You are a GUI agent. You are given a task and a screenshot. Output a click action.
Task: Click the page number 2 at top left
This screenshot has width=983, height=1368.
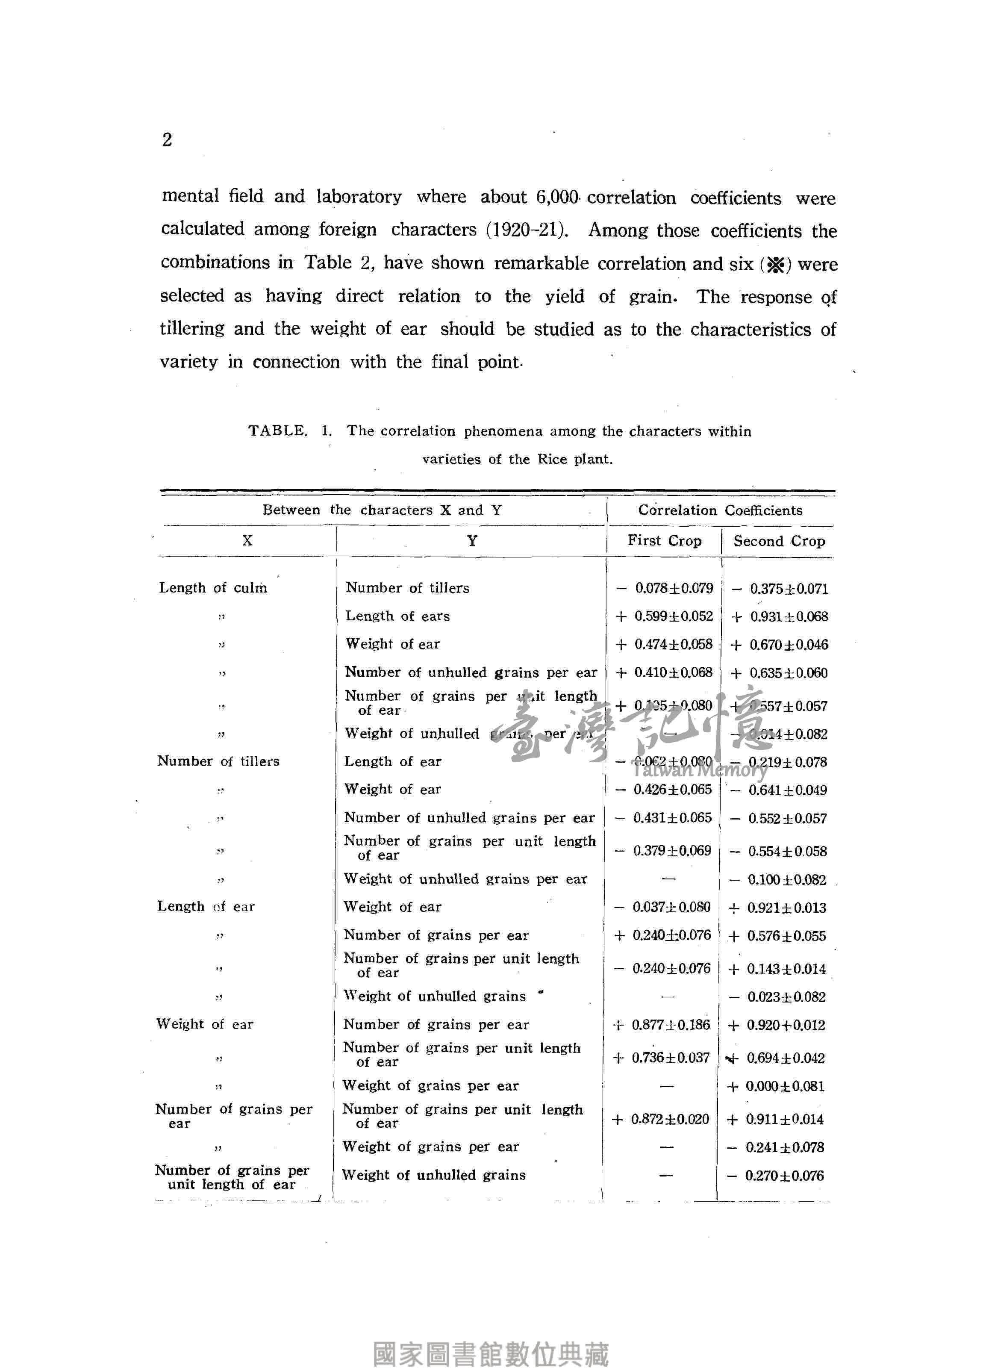[167, 140]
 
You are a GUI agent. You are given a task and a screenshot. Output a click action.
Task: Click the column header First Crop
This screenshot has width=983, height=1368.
[664, 540]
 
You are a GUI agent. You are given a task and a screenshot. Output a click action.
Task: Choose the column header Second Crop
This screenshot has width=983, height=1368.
[779, 541]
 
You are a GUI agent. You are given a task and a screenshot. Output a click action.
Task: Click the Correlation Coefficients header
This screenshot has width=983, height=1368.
[720, 510]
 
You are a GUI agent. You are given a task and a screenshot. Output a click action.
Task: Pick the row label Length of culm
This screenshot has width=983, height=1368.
[212, 587]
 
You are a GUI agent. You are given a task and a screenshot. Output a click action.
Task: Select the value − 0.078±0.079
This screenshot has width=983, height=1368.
[665, 588]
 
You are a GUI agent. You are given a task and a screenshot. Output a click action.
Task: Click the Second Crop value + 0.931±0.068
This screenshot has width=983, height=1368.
[779, 616]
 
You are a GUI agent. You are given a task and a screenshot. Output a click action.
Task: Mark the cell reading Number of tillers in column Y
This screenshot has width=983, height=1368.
[407, 587]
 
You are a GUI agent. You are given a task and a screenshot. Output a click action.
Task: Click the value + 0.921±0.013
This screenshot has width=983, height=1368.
[777, 908]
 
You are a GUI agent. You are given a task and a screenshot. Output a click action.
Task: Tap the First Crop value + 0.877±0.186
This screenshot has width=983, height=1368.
[662, 1025]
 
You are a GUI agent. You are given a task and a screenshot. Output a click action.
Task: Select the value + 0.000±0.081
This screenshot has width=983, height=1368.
[776, 1086]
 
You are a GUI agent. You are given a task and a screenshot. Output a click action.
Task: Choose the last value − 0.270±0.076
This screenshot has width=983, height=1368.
[776, 1175]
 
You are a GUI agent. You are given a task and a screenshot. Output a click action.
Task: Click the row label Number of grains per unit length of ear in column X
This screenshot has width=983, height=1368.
[232, 1177]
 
